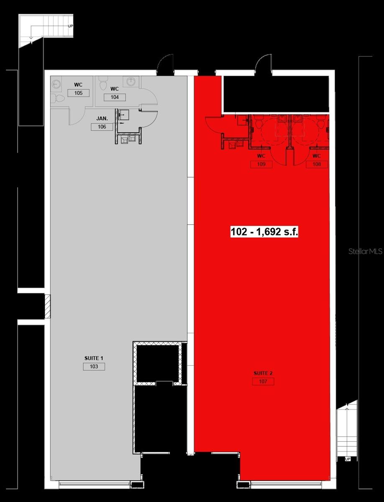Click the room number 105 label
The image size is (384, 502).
(78, 93)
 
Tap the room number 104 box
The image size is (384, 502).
(115, 97)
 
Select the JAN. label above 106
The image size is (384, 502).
(102, 119)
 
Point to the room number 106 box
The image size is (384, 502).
(102, 127)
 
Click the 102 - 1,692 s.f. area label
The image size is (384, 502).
(264, 232)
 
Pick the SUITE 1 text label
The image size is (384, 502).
(94, 359)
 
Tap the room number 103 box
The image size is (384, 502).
(94, 366)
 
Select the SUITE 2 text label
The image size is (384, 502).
(263, 373)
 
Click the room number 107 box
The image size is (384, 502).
(263, 382)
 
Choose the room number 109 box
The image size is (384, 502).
(261, 164)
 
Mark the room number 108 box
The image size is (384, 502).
(317, 164)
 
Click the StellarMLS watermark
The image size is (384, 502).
(365, 251)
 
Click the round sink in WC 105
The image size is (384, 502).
(56, 84)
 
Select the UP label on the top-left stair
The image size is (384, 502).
(71, 26)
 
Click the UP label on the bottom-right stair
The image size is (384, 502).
(347, 459)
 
